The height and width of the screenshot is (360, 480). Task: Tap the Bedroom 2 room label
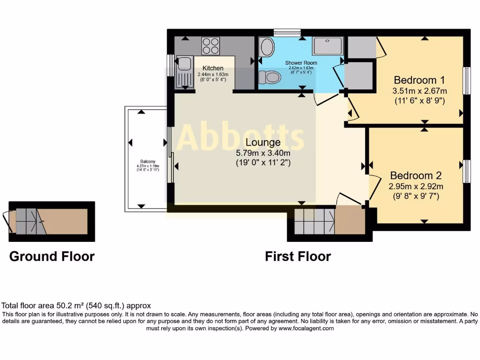(416, 176)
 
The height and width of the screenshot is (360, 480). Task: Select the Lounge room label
(262, 142)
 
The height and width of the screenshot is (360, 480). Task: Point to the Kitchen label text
(213, 68)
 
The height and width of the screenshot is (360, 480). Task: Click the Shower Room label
(301, 63)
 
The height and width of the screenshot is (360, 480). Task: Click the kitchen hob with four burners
(210, 46)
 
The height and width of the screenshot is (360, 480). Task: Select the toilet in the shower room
(270, 77)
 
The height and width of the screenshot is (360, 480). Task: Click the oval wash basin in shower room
(267, 48)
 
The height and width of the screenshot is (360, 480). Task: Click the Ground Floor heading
(52, 256)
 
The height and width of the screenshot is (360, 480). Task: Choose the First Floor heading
(298, 256)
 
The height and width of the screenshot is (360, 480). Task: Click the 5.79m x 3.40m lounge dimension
(262, 153)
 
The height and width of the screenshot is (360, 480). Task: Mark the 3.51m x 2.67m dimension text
(420, 91)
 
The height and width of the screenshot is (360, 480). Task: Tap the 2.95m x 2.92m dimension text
(416, 187)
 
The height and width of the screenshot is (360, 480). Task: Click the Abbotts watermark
(240, 137)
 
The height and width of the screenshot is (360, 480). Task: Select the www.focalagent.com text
(307, 329)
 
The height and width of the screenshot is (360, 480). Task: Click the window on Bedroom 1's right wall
(467, 80)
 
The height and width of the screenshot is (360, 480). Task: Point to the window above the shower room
(287, 32)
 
